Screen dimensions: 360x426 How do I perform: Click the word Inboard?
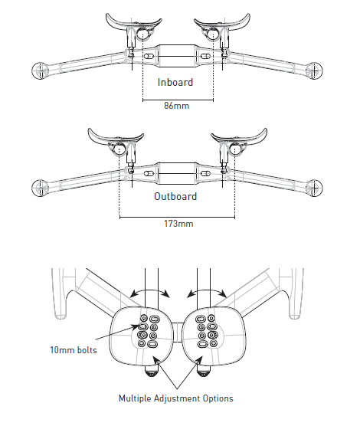tap(175, 82)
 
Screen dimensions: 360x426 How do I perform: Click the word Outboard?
tap(175, 196)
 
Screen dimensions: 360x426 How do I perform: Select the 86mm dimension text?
tap(177, 106)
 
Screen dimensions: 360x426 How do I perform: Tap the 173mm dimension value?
tap(178, 224)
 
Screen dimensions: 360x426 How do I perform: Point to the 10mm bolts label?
tap(74, 350)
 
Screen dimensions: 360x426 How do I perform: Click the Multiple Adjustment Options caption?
tap(176, 398)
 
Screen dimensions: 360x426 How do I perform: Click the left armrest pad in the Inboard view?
tap(133, 23)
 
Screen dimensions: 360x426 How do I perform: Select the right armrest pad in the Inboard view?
tap(222, 23)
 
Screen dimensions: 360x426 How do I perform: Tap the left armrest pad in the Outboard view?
tap(116, 137)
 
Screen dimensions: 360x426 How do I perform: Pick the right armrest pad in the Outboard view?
tap(239, 137)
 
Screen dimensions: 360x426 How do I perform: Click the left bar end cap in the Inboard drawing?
tap(40, 70)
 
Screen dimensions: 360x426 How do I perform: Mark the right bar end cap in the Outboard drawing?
tap(314, 188)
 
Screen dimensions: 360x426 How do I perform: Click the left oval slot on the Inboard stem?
tap(149, 57)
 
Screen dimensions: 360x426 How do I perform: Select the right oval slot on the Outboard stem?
tap(205, 173)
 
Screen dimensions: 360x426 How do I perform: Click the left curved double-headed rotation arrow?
tap(149, 291)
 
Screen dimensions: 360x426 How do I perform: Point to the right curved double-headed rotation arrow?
tap(206, 291)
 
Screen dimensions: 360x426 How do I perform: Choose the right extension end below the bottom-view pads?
tap(202, 371)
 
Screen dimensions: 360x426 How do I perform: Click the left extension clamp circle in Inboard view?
tap(142, 34)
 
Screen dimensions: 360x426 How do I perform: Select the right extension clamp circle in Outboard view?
tap(235, 149)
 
